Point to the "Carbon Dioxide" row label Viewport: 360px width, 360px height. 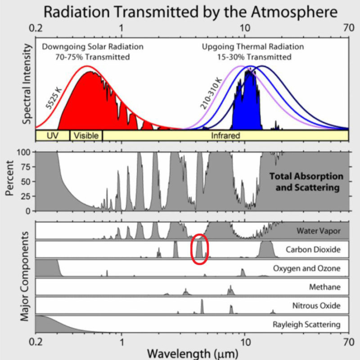[313, 250]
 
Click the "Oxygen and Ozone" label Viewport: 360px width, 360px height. [306, 269]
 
